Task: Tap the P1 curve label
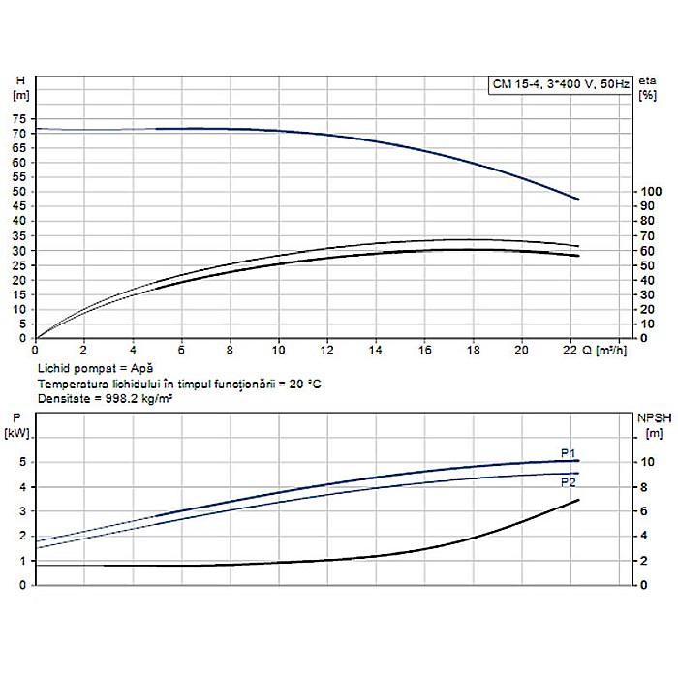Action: [x=569, y=452]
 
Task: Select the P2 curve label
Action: [x=569, y=481]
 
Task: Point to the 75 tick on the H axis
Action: [x=18, y=117]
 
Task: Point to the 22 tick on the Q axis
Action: [x=572, y=351]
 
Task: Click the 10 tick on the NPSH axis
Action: [x=646, y=462]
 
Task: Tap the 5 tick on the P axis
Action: [x=21, y=462]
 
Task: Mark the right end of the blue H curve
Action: [x=578, y=200]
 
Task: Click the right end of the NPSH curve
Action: [x=578, y=500]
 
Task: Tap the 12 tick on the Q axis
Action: [x=327, y=351]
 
